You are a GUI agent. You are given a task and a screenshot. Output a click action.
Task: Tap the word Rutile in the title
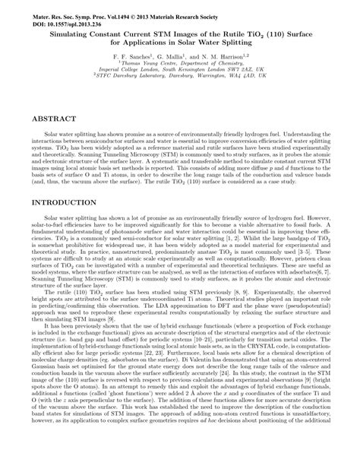click(225, 34)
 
